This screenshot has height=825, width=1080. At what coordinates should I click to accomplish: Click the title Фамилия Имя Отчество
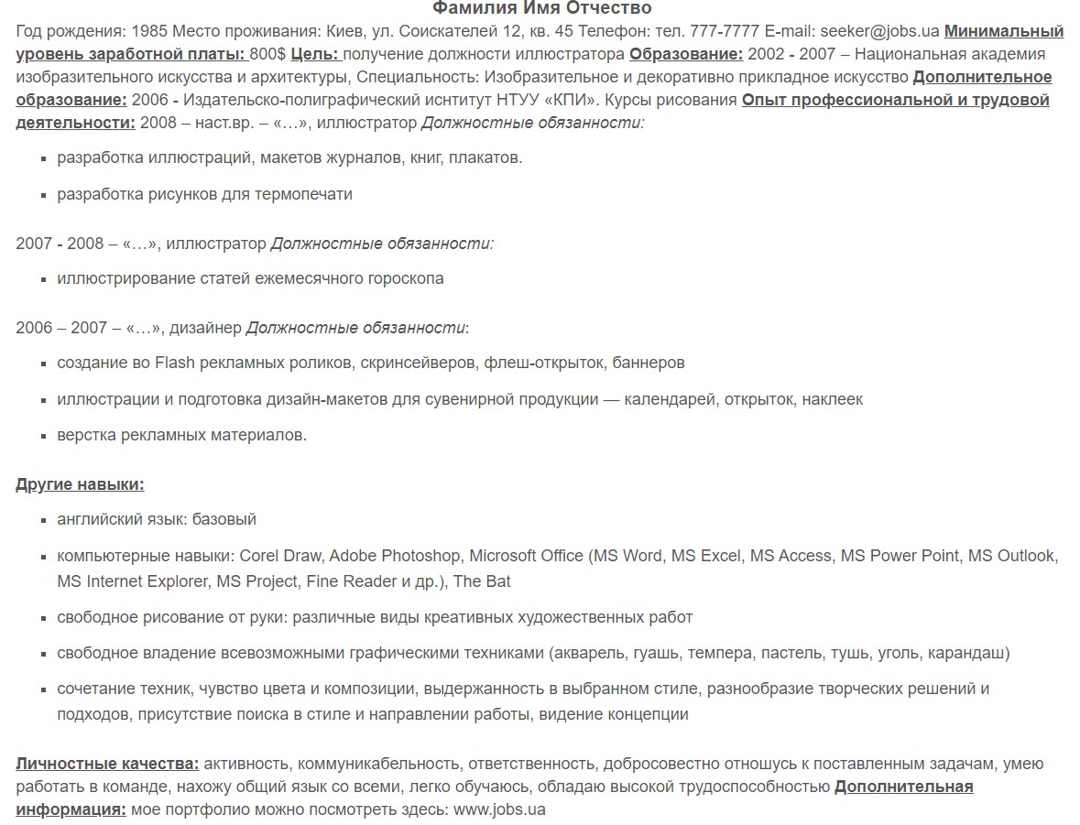[x=541, y=9]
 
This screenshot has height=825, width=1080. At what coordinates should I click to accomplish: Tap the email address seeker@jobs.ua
[x=879, y=31]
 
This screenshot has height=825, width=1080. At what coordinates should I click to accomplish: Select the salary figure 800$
[x=267, y=54]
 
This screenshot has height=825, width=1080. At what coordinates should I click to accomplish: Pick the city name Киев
[x=331, y=31]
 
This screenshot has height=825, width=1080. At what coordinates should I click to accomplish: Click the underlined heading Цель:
[x=314, y=54]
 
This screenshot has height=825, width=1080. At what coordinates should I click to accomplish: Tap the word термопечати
[x=307, y=194]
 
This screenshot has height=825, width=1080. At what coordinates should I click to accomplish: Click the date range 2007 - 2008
[x=60, y=244]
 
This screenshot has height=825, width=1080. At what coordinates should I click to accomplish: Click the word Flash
[x=175, y=364]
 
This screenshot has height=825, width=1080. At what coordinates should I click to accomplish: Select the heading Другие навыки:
[x=80, y=484]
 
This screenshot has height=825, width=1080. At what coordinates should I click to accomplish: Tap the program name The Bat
[x=482, y=581]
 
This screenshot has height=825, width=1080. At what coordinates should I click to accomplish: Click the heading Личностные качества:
[x=107, y=764]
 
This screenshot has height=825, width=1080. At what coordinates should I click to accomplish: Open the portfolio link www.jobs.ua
[x=499, y=810]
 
